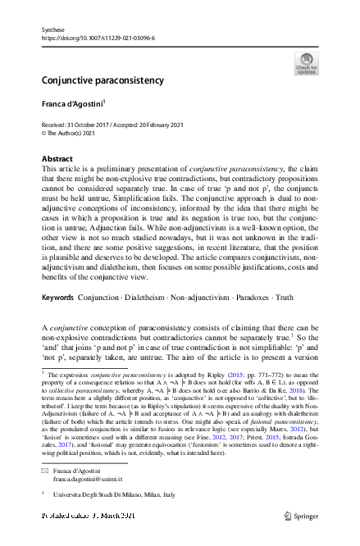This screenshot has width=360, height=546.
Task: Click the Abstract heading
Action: (57, 158)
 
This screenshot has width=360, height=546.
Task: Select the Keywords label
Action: (58, 297)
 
